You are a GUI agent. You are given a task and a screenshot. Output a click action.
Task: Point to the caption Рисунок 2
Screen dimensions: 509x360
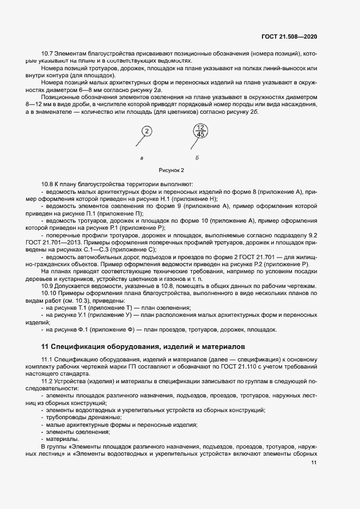172,170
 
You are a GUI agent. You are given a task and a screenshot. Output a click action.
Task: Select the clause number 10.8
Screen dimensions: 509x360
48,185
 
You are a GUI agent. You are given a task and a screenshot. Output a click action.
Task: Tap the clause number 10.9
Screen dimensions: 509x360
48,286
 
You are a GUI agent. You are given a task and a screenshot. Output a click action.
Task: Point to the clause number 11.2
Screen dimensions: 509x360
48,381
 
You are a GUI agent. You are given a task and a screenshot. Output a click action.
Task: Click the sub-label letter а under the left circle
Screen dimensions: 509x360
142,158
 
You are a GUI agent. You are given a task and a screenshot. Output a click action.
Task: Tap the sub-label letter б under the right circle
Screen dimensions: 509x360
197,158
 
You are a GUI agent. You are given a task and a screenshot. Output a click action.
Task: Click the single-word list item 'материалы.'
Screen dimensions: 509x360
63,439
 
